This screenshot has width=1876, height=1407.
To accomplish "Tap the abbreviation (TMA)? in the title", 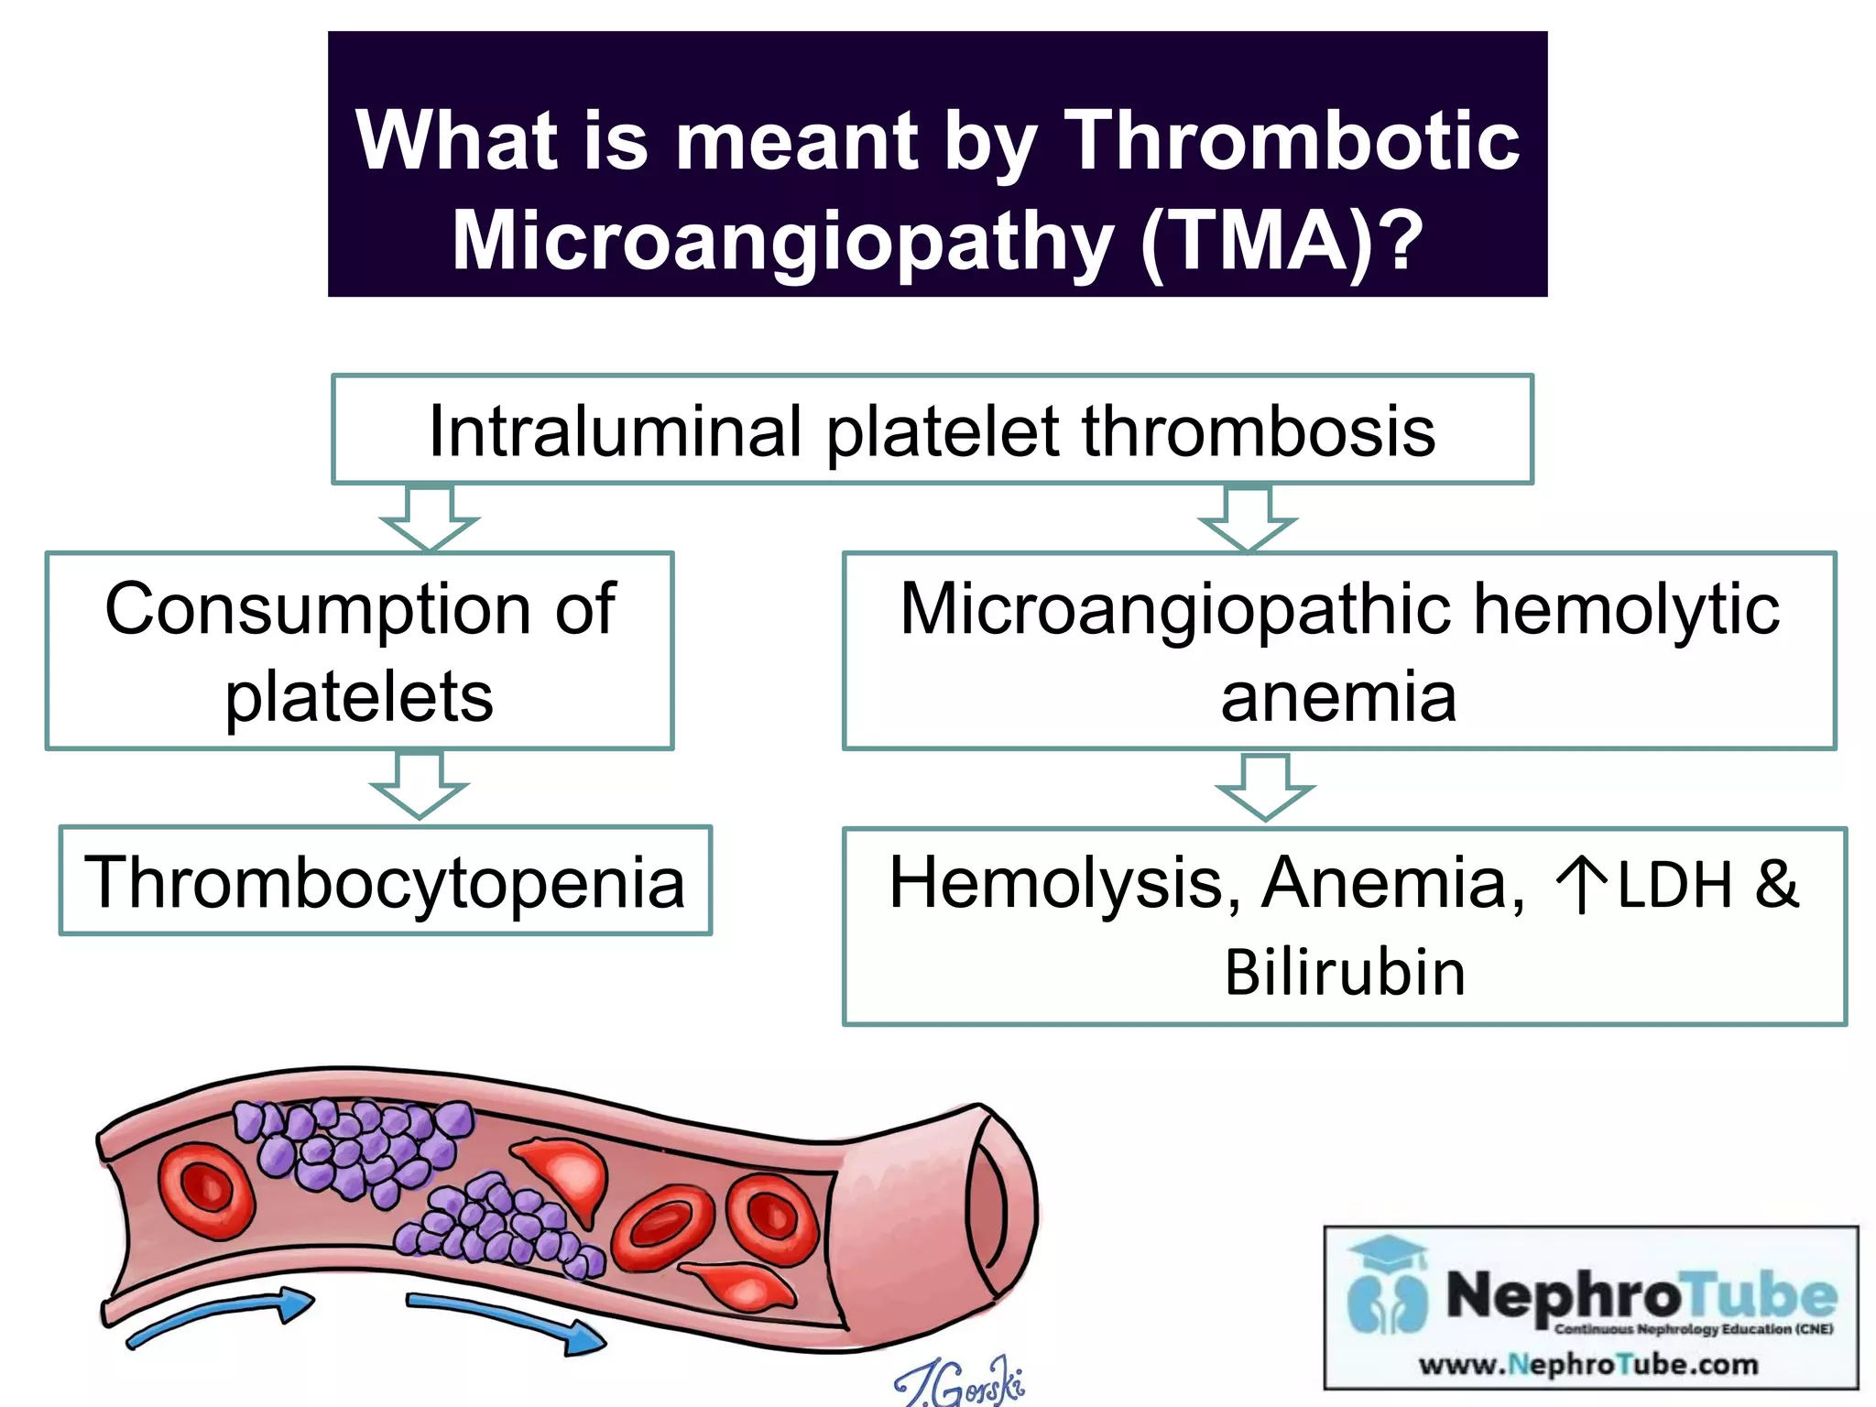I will pyautogui.click(x=1282, y=240).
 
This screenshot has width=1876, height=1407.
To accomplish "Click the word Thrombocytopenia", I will pyautogui.click(x=385, y=882).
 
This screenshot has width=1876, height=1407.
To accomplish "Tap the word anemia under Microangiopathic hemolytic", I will pyautogui.click(x=1338, y=698).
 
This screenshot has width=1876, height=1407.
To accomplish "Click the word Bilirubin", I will pyautogui.click(x=1345, y=972).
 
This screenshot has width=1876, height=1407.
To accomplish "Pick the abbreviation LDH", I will pyautogui.click(x=1675, y=885).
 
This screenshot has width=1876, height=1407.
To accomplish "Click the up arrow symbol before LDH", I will pyautogui.click(x=1580, y=885).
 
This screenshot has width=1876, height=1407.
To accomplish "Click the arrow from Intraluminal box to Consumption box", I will pyautogui.click(x=430, y=518).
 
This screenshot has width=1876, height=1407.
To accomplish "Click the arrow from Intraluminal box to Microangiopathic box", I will pyautogui.click(x=1248, y=518).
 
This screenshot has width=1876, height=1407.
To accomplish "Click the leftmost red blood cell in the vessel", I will pyautogui.click(x=205, y=1189).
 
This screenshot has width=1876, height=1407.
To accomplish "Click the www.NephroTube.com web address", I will pyautogui.click(x=1588, y=1365).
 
